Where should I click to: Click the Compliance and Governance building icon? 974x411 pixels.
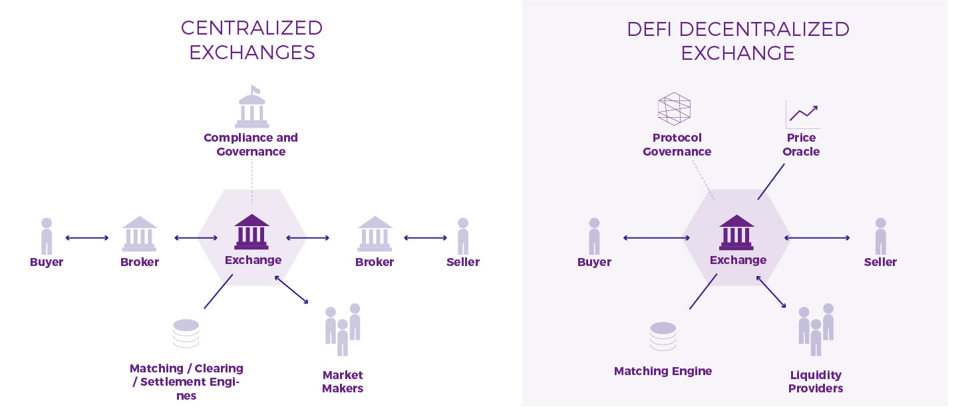pyautogui.click(x=251, y=108)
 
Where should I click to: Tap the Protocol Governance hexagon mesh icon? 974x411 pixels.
pyautogui.click(x=674, y=109)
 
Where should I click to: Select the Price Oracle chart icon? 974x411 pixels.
pyautogui.click(x=802, y=114)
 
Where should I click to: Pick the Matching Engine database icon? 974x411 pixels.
pyautogui.click(x=663, y=337)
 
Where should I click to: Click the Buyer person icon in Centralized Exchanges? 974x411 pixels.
pyautogui.click(x=47, y=236)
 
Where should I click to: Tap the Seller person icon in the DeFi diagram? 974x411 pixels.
pyautogui.click(x=881, y=236)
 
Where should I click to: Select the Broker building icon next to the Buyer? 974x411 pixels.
pyautogui.click(x=140, y=233)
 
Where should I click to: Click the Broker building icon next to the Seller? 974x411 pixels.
pyautogui.click(x=375, y=233)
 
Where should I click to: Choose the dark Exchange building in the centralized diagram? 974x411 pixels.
pyautogui.click(x=251, y=232)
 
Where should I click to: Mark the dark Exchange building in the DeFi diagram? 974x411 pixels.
pyautogui.click(x=736, y=232)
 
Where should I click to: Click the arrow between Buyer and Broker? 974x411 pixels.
pyautogui.click(x=87, y=237)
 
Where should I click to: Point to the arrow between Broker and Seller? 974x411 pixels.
pyautogui.click(x=425, y=237)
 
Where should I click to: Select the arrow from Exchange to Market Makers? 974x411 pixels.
pyautogui.click(x=291, y=290)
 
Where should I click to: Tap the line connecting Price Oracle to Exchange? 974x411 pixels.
pyautogui.click(x=771, y=182)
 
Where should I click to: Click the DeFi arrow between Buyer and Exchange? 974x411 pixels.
pyautogui.click(x=657, y=237)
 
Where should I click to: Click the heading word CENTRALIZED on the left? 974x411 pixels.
pyautogui.click(x=251, y=28)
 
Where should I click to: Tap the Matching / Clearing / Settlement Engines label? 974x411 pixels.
pyautogui.click(x=186, y=382)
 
